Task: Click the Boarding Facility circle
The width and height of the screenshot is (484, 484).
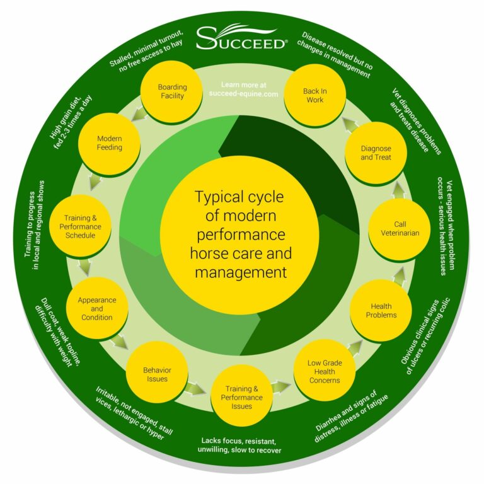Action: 171,92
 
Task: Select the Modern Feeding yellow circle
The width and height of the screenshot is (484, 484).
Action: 109,142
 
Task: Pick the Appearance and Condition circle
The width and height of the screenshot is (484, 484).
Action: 96,309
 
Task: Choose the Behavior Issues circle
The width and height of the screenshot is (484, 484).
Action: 157,374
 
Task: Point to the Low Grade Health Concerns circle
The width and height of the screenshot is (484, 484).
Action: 325,371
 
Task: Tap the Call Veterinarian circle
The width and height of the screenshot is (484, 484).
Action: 400,228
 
